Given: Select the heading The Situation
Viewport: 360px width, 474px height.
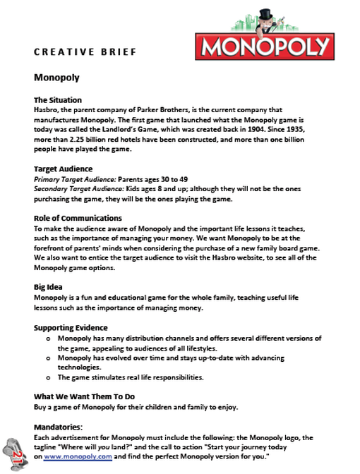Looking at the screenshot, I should pyautogui.click(x=58, y=100).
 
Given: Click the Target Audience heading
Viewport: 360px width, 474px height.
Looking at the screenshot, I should pyautogui.click(x=63, y=169).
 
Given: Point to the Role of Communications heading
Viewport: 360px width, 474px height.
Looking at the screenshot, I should pyautogui.click(x=78, y=218).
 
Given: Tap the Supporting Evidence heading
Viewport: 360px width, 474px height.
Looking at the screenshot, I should pyautogui.click(x=71, y=328).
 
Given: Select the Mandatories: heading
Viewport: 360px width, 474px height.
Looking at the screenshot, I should pyautogui.click(x=59, y=427).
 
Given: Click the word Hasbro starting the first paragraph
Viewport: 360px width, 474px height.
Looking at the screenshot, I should pyautogui.click(x=47, y=110).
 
